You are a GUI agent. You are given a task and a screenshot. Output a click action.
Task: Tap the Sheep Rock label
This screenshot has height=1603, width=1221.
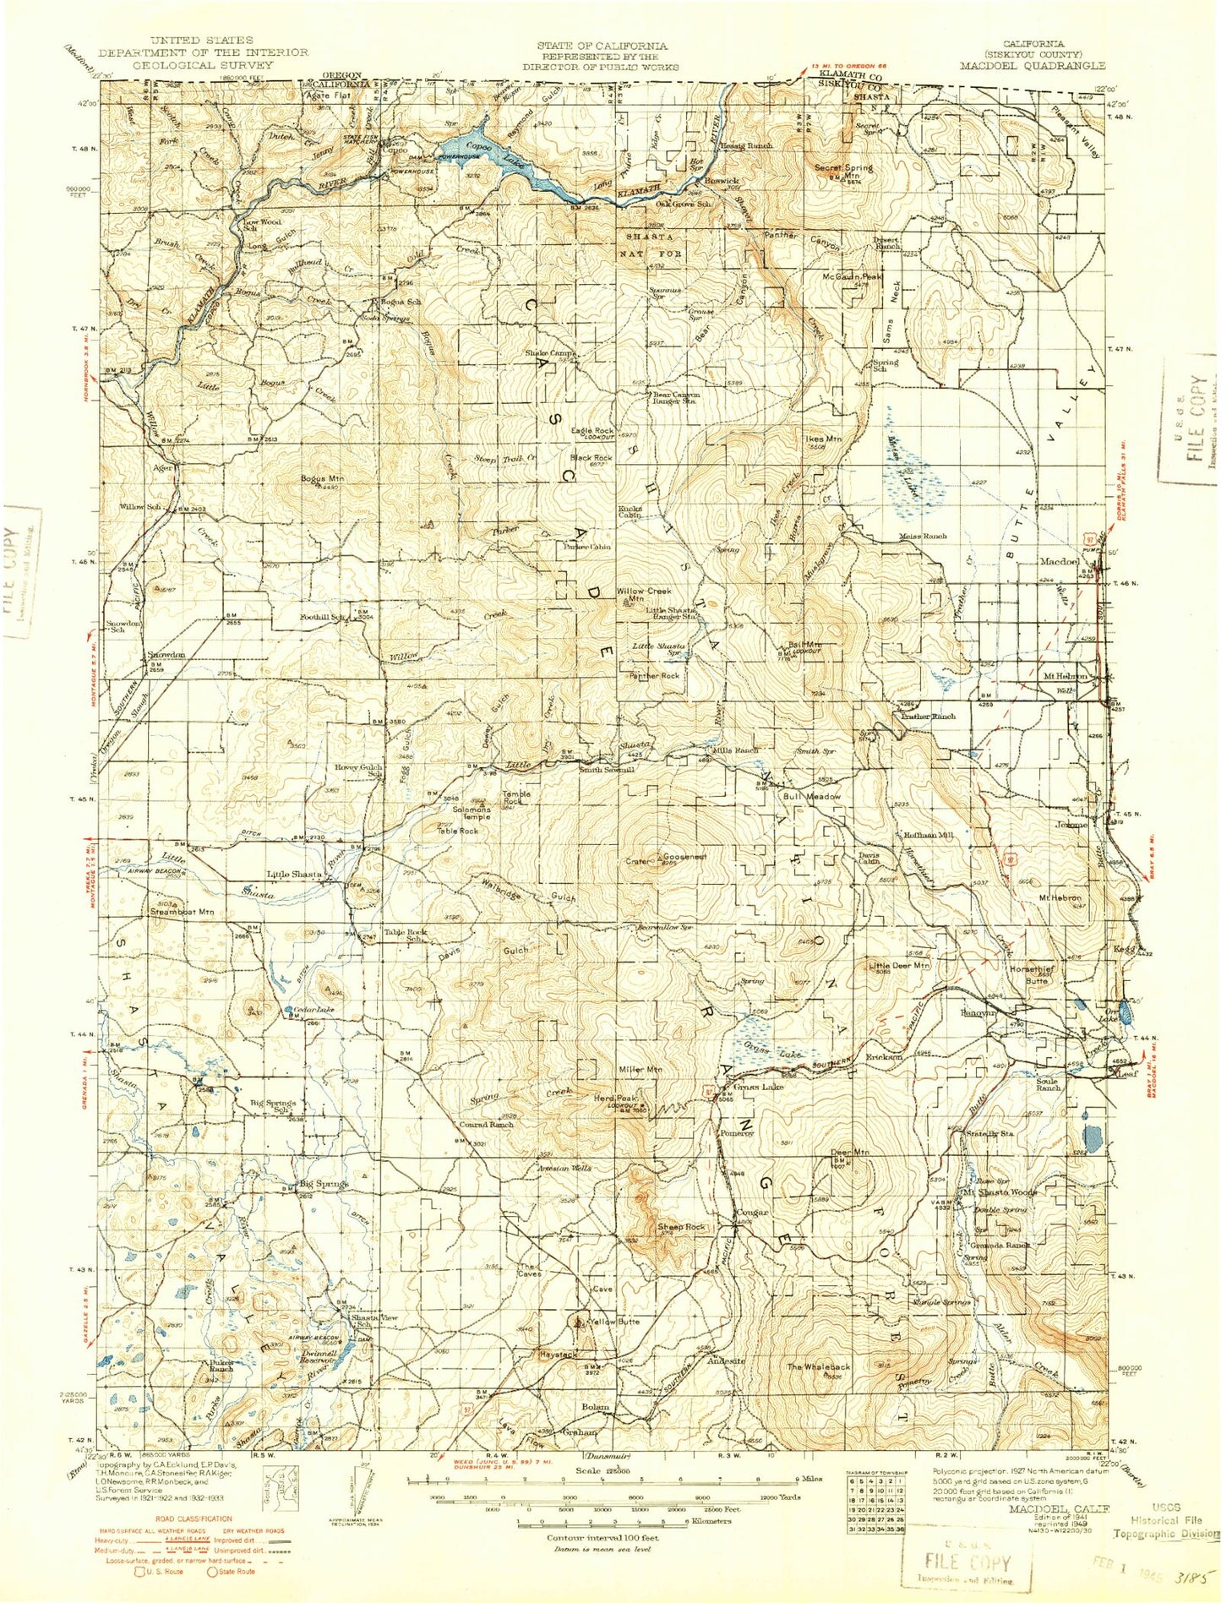click(681, 1227)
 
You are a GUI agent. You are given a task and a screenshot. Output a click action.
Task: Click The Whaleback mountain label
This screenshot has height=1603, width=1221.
click(819, 1366)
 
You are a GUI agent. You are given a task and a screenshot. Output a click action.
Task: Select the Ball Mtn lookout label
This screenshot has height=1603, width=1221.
click(804, 645)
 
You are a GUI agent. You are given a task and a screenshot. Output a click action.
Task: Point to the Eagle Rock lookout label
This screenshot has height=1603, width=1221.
click(592, 431)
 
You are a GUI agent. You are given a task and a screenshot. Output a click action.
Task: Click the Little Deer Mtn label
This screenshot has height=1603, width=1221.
click(899, 964)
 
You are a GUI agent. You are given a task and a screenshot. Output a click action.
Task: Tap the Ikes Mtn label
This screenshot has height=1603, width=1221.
click(823, 439)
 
